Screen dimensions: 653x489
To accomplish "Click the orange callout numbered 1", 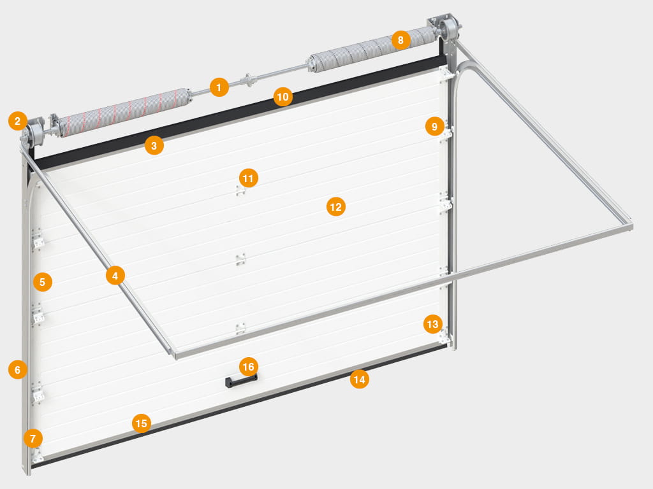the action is point(219,87).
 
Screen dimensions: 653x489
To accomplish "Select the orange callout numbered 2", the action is point(17,120).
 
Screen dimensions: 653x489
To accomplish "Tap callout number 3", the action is point(154,146).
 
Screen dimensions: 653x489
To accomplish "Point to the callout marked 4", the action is point(115,275).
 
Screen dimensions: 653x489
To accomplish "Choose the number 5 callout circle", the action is point(43,282).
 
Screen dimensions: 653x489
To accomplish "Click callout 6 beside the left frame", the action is point(17,369).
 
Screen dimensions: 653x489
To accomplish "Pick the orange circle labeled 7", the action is point(33,438).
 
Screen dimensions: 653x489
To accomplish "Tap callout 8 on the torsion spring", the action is point(400,40).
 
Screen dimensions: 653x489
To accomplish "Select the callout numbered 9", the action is point(435,126).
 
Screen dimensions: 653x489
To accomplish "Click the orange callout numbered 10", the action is point(282,97).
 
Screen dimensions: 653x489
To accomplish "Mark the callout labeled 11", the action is point(248,178).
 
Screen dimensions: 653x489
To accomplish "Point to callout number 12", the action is point(335,207).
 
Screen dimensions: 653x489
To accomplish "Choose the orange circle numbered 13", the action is point(433,324).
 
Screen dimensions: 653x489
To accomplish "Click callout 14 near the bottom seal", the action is point(359,379).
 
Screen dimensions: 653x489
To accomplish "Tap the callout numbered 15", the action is point(141,423).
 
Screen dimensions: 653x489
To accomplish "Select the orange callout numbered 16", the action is point(248,367).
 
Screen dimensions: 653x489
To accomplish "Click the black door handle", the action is point(240,381).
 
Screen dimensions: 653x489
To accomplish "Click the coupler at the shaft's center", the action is point(248,80).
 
